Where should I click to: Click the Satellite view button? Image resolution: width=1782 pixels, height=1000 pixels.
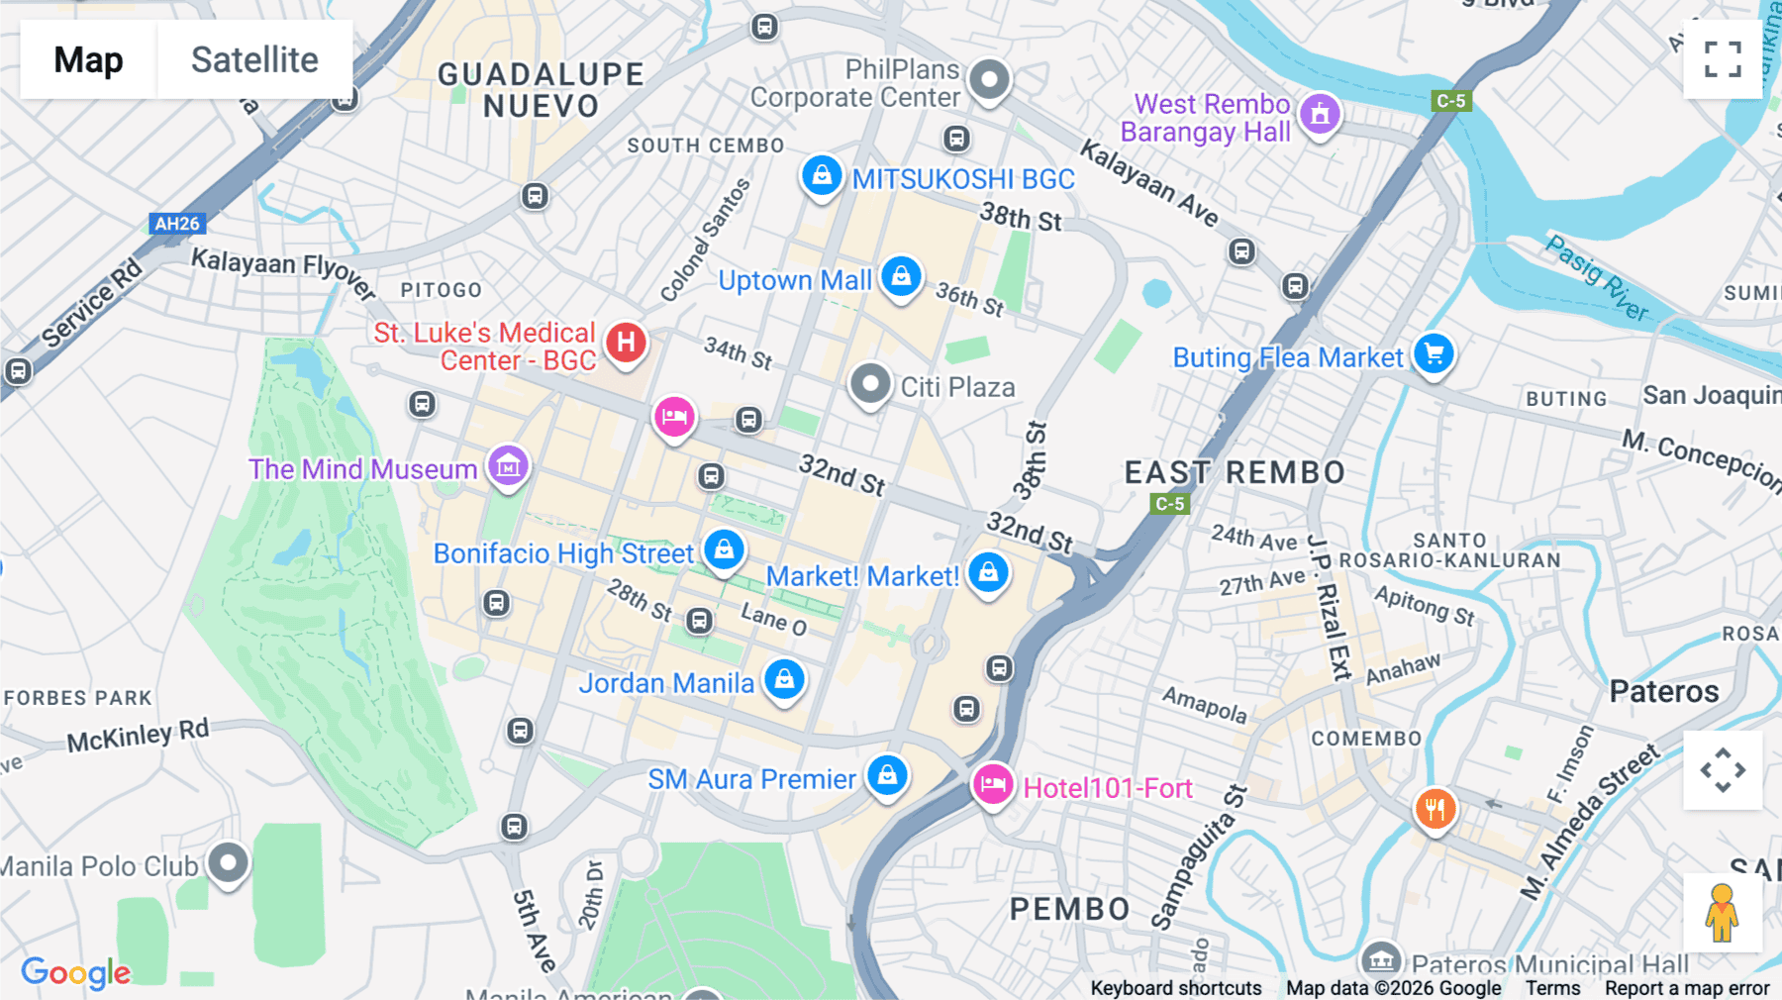254,59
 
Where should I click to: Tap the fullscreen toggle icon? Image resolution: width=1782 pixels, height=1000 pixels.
1723,59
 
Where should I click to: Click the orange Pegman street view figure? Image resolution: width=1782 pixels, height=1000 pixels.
1722,913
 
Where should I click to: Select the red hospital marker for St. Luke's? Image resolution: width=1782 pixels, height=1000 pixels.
626,343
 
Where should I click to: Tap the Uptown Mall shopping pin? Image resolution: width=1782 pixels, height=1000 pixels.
901,276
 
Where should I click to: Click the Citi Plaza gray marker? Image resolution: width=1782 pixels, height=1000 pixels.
870,383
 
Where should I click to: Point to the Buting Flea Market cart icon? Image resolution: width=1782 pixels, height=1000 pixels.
1434,353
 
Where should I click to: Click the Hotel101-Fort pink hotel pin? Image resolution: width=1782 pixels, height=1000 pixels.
992,785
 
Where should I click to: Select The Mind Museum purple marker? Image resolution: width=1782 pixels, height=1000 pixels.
508,464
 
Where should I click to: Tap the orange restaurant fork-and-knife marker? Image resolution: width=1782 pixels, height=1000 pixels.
1435,809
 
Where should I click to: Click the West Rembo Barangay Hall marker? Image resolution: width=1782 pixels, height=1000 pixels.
1320,115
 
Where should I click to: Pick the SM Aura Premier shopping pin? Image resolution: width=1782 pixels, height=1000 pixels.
887,775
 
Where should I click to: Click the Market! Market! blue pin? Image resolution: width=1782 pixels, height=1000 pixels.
988,572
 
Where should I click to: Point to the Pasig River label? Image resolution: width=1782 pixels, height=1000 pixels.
1596,278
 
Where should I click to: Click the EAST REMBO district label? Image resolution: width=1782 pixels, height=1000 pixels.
1235,472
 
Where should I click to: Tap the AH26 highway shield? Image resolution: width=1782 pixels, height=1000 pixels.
177,224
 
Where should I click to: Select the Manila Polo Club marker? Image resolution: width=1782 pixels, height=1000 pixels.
229,862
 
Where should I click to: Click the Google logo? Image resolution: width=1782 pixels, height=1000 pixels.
76,972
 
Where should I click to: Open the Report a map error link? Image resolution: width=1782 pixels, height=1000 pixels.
1686,988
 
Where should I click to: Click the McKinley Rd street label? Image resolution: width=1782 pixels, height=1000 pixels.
138,736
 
